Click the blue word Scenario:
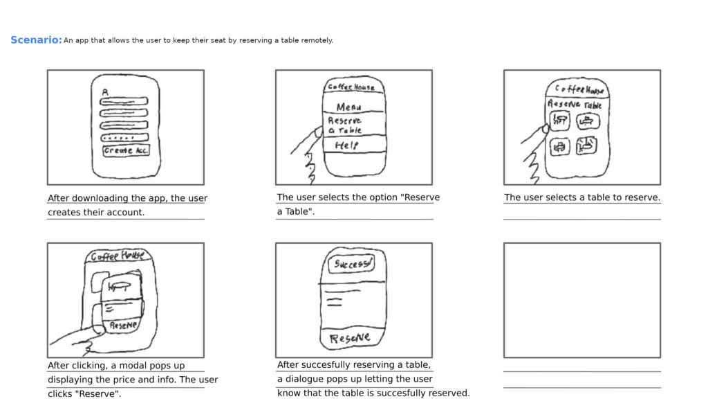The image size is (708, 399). (x=36, y=40)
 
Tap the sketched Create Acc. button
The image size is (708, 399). (x=125, y=151)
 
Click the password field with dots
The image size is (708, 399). (x=124, y=137)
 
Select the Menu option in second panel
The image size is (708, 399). (x=348, y=107)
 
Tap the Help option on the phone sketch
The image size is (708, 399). (x=346, y=145)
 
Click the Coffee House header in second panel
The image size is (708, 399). (x=351, y=87)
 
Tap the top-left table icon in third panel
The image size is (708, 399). (x=559, y=122)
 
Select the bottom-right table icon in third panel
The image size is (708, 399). (x=586, y=145)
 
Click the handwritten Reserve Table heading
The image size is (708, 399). (x=575, y=105)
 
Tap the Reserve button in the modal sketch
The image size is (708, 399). (x=123, y=324)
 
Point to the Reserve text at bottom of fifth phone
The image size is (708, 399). (x=350, y=338)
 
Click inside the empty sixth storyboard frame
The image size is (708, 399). (x=581, y=300)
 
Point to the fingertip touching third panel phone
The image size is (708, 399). (x=546, y=129)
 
